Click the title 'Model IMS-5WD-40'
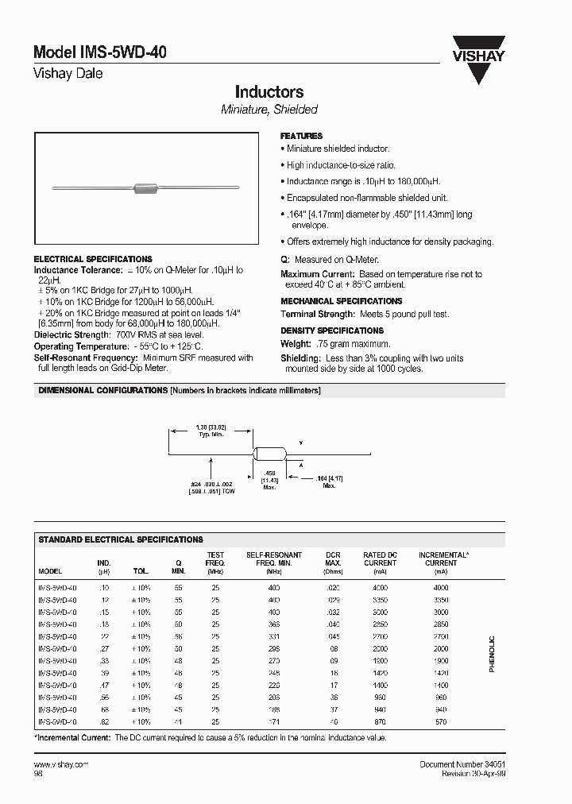pos(100,52)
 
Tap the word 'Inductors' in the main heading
pos(269,92)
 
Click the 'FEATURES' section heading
pos(301,136)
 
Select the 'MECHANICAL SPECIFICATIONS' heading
pos(341,301)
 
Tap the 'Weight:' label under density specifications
pos(295,344)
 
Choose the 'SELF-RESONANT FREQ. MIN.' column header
pos(274,559)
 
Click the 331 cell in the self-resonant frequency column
pos(274,636)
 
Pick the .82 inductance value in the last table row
pos(103,722)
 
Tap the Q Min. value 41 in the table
pos(178,722)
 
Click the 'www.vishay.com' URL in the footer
pos(61,763)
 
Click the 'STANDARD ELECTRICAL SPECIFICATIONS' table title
pos(121,539)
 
